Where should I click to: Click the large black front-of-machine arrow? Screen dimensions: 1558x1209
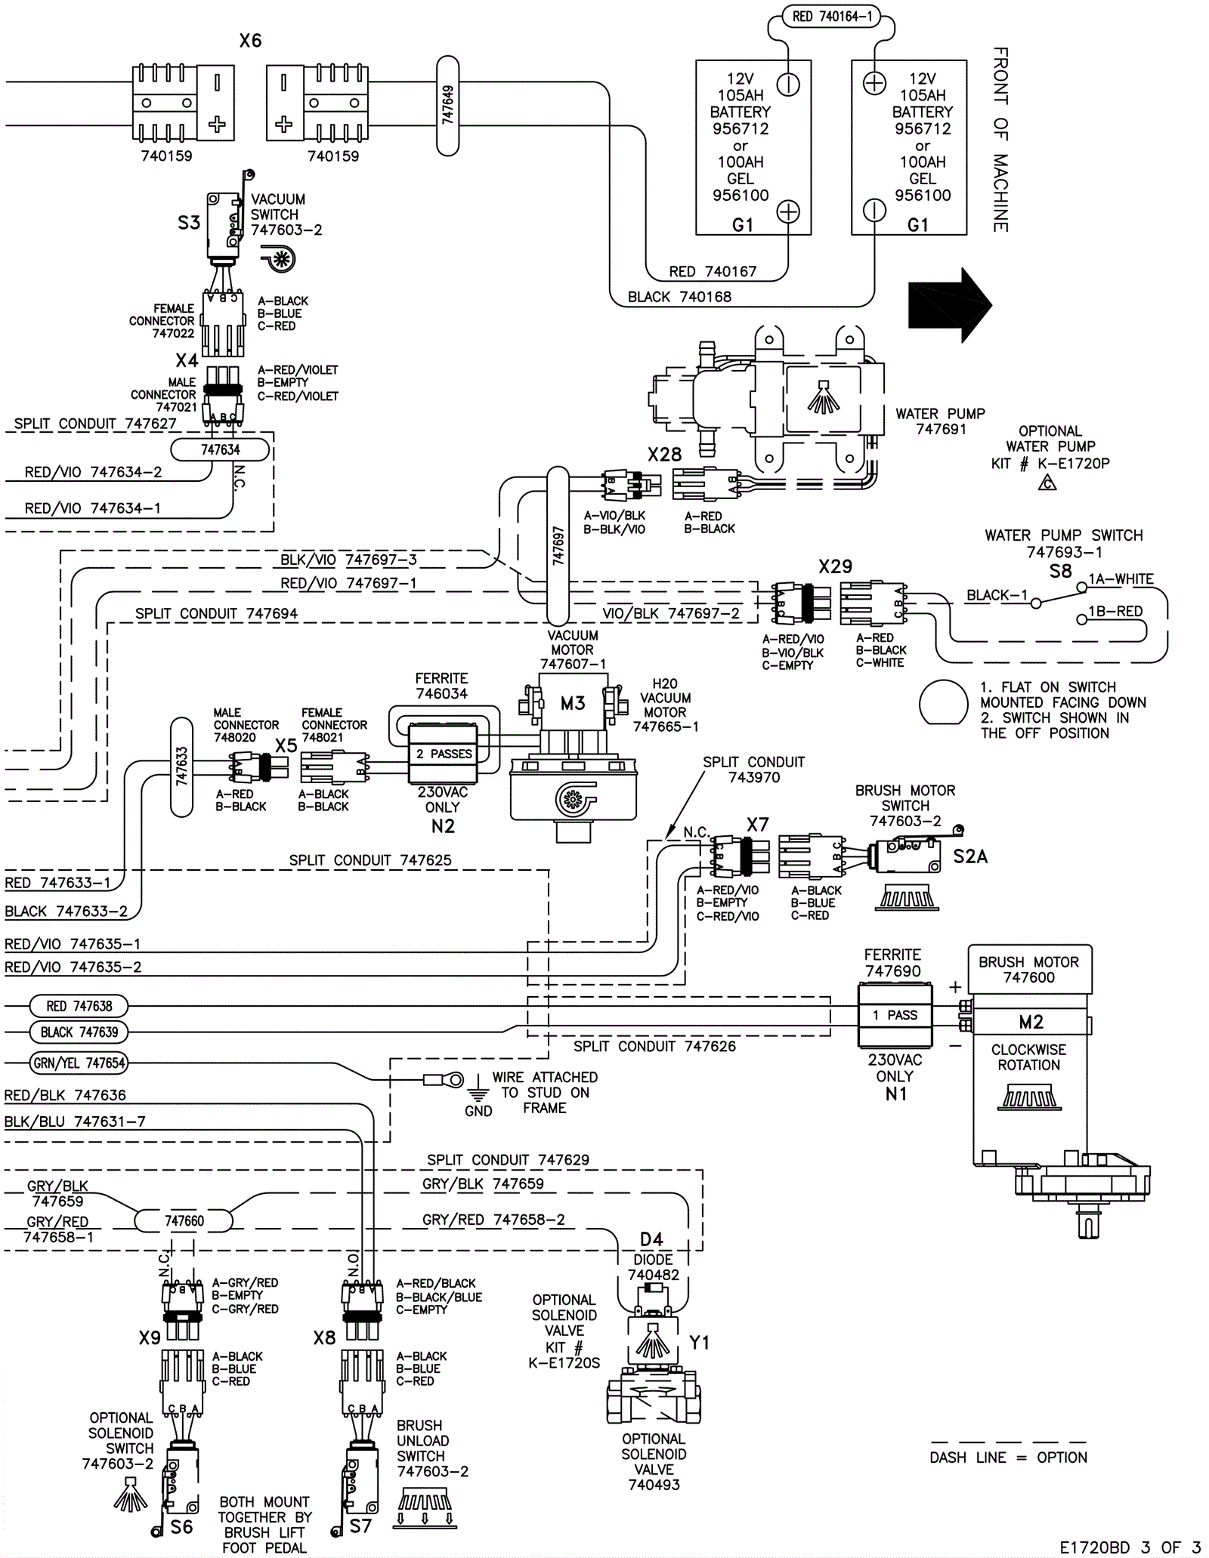(949, 304)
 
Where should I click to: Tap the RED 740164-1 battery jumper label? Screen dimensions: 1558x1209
(831, 17)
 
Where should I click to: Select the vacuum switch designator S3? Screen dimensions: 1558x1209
(189, 223)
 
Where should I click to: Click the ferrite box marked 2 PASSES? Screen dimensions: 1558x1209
(443, 754)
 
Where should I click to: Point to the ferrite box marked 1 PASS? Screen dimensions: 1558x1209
(895, 1015)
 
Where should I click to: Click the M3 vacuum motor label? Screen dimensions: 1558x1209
(573, 704)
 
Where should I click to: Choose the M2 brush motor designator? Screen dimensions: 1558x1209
(1031, 1022)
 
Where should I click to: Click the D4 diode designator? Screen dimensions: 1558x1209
(651, 1239)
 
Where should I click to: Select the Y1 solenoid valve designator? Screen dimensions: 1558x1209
(700, 1343)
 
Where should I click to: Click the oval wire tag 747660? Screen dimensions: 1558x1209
(184, 1220)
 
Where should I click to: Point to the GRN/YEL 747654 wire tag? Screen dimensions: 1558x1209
(79, 1063)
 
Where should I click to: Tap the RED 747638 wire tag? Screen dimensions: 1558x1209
(79, 1006)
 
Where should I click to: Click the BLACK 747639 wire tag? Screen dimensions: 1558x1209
(79, 1032)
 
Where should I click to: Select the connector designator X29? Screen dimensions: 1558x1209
(835, 566)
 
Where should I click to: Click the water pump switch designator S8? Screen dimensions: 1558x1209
(1060, 572)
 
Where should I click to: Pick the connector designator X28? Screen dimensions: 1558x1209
(664, 455)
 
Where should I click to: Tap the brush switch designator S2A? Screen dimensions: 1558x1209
(970, 856)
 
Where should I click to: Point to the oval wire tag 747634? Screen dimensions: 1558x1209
(220, 450)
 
